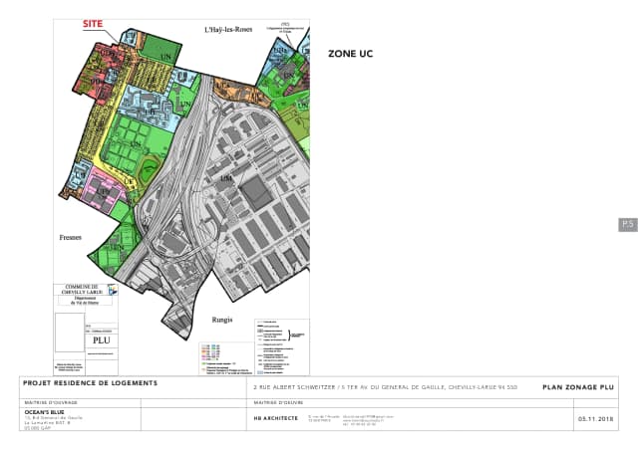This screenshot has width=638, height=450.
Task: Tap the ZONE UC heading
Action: (x=350, y=54)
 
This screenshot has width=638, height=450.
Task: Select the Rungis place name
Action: (x=222, y=320)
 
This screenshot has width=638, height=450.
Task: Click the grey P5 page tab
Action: (x=627, y=224)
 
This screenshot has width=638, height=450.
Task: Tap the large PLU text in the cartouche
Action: (x=101, y=339)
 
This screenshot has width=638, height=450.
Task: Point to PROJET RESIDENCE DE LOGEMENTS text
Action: (x=91, y=383)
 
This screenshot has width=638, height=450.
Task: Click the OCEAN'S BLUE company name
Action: (x=44, y=410)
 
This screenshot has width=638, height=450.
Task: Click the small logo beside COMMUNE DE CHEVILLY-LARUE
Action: (x=112, y=290)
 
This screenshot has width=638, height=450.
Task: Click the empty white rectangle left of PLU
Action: (x=70, y=332)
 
